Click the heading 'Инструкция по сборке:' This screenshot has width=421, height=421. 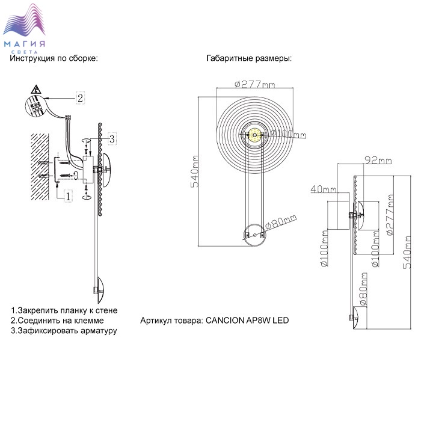[x=54, y=59]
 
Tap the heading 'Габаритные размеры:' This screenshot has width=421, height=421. [x=249, y=59]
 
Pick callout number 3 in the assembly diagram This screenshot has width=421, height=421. [x=112, y=138]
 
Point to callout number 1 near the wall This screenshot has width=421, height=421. [x=68, y=195]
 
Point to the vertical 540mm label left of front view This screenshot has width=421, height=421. [x=194, y=171]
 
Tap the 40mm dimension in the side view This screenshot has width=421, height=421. [x=323, y=189]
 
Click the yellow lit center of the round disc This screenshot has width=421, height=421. [x=254, y=135]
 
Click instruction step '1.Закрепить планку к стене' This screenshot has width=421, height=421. [x=64, y=310]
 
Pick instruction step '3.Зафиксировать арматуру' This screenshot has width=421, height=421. [x=64, y=331]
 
